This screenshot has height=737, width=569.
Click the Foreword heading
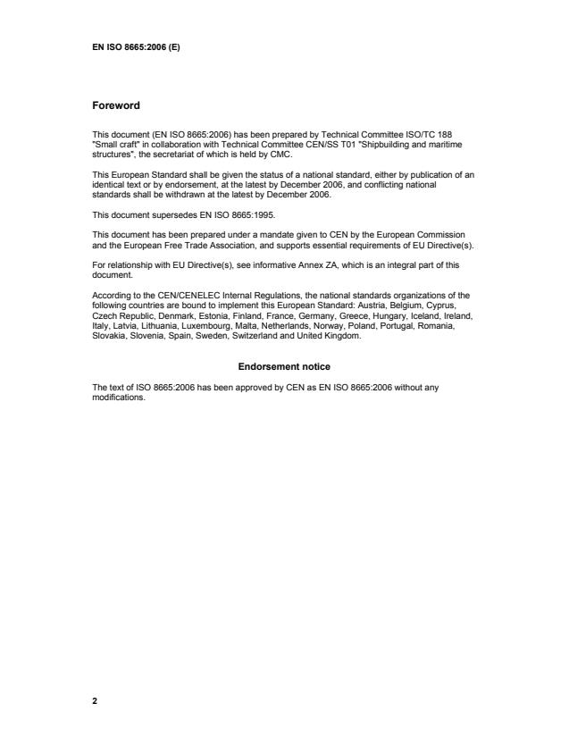116,105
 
